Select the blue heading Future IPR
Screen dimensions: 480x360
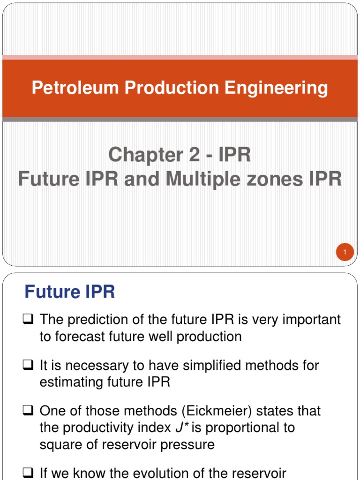(x=69, y=292)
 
